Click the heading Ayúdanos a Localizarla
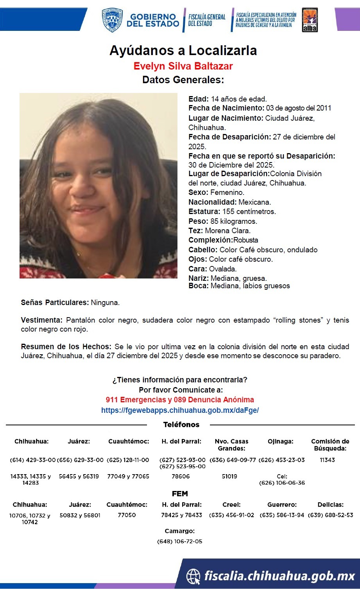(x=183, y=50)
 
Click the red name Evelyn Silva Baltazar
(x=183, y=66)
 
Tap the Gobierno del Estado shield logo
(x=112, y=20)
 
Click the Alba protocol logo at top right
(x=310, y=20)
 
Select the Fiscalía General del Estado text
(x=207, y=20)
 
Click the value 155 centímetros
(x=249, y=212)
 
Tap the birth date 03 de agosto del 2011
(x=299, y=108)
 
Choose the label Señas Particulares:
(x=55, y=302)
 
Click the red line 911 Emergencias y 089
(x=180, y=400)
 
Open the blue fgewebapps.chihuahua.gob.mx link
(x=180, y=410)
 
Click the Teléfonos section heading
(x=181, y=425)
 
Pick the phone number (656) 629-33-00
(x=80, y=460)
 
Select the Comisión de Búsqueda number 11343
(x=327, y=460)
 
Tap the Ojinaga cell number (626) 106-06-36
(x=282, y=483)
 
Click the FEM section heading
(x=180, y=494)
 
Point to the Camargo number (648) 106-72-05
(x=180, y=541)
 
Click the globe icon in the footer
(x=193, y=576)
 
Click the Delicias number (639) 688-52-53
(x=330, y=515)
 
